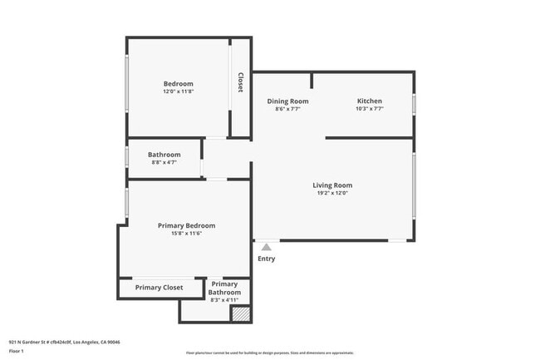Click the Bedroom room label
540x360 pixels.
[178, 83]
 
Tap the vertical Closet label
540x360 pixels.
[240, 82]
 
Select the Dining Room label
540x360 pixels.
[287, 101]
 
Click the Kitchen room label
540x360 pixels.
[369, 101]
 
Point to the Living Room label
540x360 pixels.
[332, 185]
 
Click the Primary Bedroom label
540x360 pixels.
[186, 225]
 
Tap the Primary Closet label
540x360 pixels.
[159, 288]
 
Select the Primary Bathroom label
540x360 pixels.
[224, 288]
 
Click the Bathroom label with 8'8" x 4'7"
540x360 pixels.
[164, 154]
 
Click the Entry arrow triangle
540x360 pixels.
[266, 247]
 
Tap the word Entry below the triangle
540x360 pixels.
[266, 259]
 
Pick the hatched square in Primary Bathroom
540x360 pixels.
[240, 314]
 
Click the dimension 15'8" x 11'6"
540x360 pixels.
[186, 234]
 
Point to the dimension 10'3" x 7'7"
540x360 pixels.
[369, 108]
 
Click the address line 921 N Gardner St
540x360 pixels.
[64, 342]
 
